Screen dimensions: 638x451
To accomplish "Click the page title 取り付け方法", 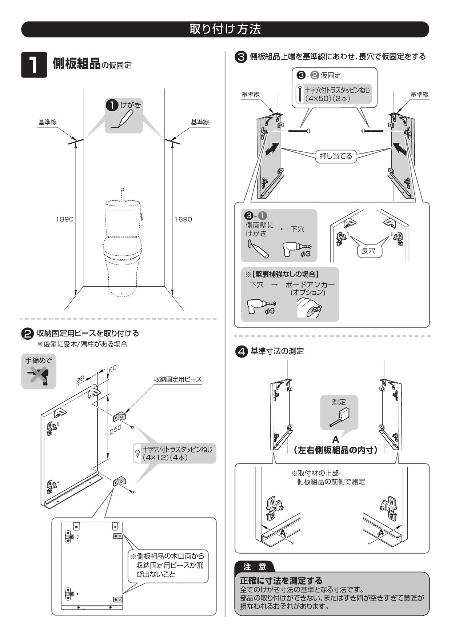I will [x=225, y=29].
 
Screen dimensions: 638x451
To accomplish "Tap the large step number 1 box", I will [x=34, y=64].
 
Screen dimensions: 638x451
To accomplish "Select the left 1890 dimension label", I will [x=64, y=219].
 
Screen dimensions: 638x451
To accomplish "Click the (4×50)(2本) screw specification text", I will [x=328, y=98].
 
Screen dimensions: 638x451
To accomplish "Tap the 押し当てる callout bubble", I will [x=336, y=156].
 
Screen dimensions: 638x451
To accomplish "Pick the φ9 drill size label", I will [x=270, y=312].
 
